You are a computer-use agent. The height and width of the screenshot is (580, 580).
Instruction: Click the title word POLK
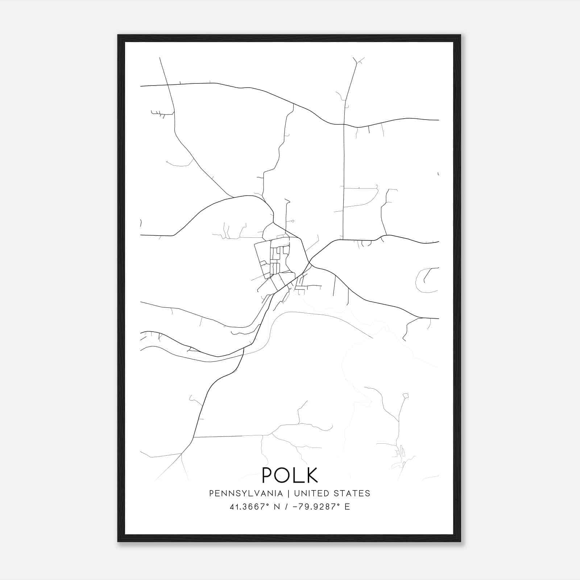tap(290, 475)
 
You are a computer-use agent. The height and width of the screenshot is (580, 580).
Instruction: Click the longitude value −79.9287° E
tap(321, 507)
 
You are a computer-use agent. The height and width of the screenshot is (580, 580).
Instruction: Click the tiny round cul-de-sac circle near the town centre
tap(293, 221)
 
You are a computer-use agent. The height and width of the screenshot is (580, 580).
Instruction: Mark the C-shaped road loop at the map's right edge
tap(422, 280)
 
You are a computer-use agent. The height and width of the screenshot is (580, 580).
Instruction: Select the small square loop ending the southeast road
tap(406, 395)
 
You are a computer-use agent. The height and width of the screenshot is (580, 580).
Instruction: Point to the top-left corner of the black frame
tap(119, 36)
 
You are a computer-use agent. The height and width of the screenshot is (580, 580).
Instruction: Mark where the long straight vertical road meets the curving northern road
tap(344, 124)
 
